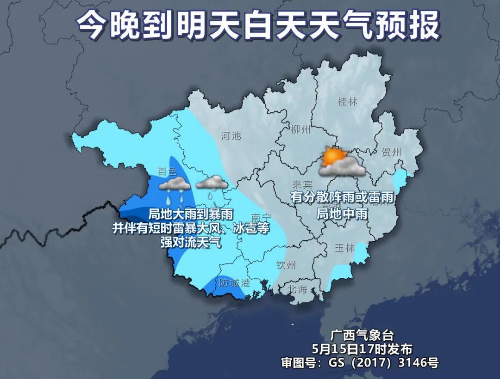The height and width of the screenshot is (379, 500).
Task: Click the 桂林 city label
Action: (347, 102)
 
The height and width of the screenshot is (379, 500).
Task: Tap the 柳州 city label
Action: (300, 129)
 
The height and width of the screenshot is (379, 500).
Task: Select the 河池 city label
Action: (231, 136)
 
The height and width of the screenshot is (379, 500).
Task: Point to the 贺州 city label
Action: (391, 152)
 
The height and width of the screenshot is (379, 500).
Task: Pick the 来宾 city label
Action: (302, 184)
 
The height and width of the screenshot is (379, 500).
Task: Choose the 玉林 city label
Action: (344, 248)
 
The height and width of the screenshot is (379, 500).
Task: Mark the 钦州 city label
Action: (286, 265)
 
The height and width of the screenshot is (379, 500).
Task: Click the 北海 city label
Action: (297, 290)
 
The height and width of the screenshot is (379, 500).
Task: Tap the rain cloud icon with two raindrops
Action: (174, 189)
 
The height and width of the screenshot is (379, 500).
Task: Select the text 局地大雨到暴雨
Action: (190, 214)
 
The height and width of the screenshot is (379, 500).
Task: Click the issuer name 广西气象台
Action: (362, 335)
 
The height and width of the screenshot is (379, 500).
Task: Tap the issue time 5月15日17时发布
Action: (362, 348)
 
